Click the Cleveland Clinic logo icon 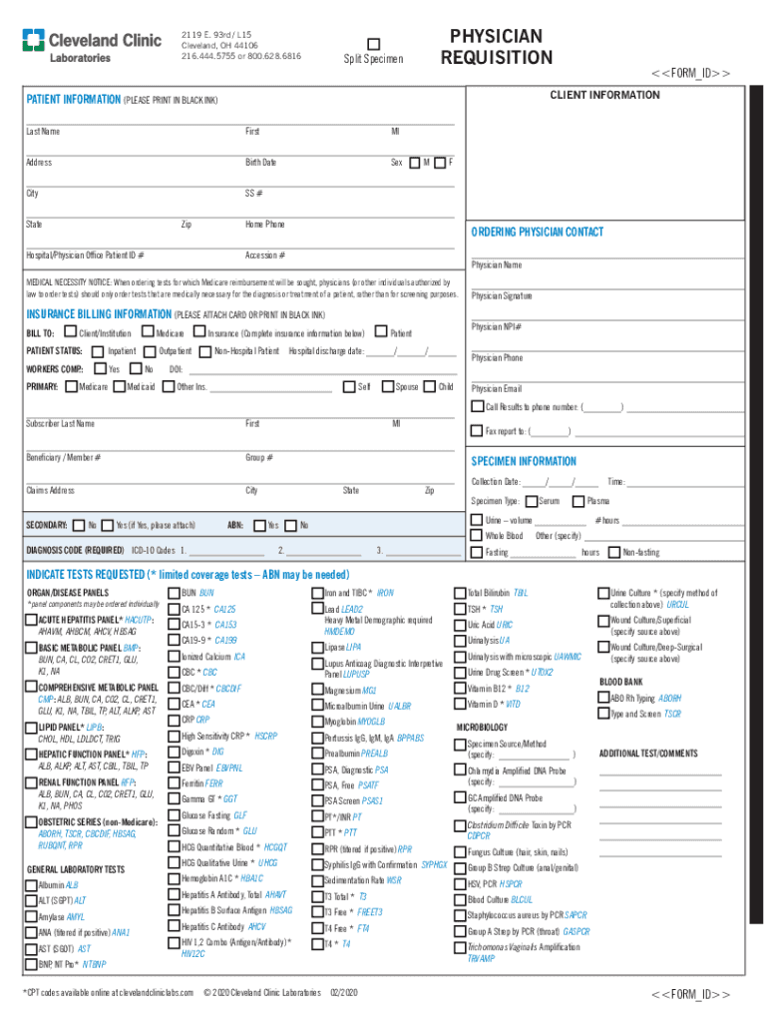[x=35, y=41]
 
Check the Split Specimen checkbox [x=374, y=43]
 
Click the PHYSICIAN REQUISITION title [x=497, y=47]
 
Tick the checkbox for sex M [x=415, y=163]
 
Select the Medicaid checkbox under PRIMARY [x=119, y=387]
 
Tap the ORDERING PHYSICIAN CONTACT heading [x=537, y=232]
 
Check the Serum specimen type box [x=531, y=501]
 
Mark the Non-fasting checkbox [x=614, y=552]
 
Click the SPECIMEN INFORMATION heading [x=524, y=461]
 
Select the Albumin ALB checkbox [x=30, y=885]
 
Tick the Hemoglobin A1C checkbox [x=174, y=878]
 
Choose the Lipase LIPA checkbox [x=317, y=648]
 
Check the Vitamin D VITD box [x=460, y=704]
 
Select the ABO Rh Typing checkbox [x=602, y=699]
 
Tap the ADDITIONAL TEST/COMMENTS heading [x=647, y=753]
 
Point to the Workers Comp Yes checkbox [x=98, y=369]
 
